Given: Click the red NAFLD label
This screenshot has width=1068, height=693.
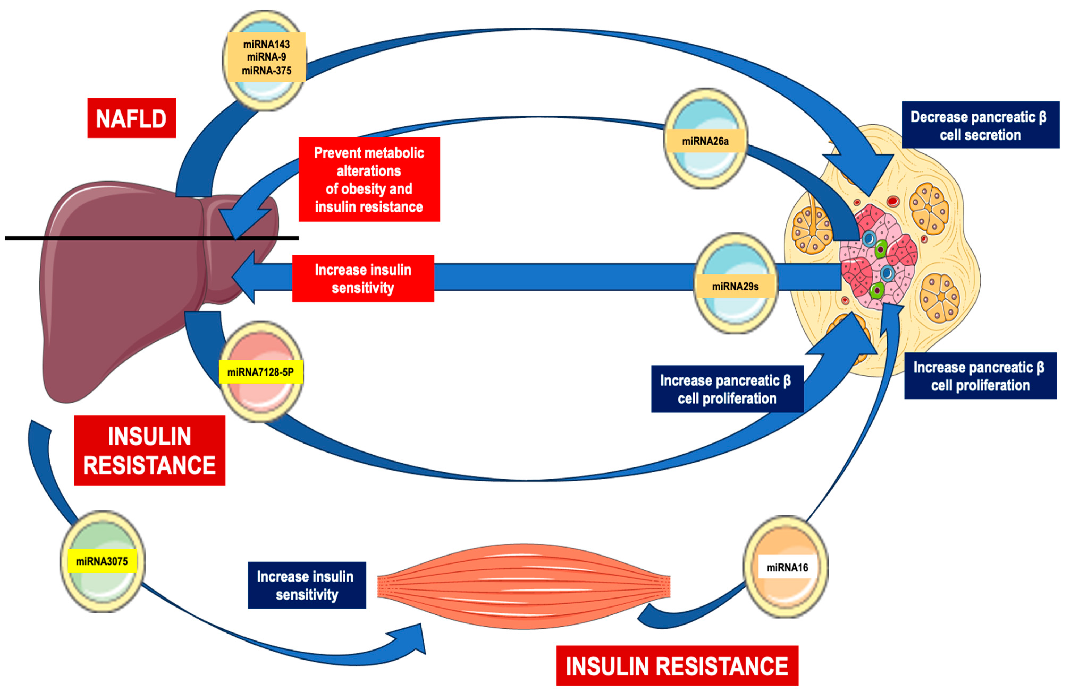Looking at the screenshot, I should pyautogui.click(x=132, y=118).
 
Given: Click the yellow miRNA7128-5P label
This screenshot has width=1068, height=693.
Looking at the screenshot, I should pyautogui.click(x=261, y=372).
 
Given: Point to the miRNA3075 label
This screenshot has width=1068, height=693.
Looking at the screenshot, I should pyautogui.click(x=102, y=561).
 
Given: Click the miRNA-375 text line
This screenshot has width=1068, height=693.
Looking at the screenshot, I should pyautogui.click(x=267, y=71).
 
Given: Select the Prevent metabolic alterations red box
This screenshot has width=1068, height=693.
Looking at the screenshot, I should pyautogui.click(x=369, y=179).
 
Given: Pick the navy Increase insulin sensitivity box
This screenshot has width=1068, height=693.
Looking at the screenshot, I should pyautogui.click(x=307, y=585).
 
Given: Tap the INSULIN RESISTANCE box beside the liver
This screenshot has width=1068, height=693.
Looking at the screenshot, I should pyautogui.click(x=149, y=450).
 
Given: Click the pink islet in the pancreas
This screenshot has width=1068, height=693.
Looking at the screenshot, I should pyautogui.click(x=877, y=258).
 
